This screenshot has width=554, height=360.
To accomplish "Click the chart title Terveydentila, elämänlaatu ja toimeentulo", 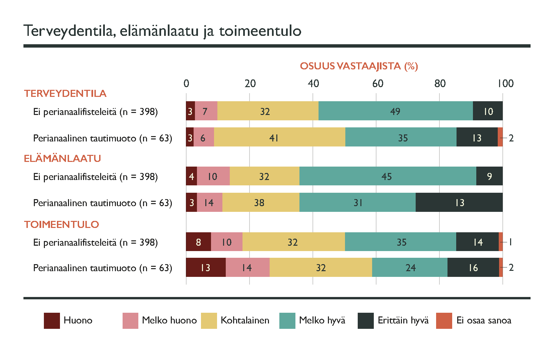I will point(162,31).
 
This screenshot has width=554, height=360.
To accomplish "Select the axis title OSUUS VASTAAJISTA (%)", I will point(358,66).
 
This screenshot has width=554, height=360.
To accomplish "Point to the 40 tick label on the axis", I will point(313,83).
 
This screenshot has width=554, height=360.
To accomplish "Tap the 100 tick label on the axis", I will point(505,83).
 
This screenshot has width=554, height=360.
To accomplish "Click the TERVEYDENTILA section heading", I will point(65,94).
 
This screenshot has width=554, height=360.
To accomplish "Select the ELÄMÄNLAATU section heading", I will point(62,159).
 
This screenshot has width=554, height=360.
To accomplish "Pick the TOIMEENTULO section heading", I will point(61,225).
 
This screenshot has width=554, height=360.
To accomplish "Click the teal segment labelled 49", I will point(395,111).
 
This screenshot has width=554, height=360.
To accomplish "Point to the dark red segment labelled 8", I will point(198,242).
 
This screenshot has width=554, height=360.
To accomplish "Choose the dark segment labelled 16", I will point(473,267).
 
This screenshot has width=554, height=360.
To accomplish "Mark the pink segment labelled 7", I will point(206,111).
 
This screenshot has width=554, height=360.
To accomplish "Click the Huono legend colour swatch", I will point(52,320).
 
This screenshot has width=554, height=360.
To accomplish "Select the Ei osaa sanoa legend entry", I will point(483,320).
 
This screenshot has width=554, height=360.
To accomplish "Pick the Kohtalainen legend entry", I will point(245,320).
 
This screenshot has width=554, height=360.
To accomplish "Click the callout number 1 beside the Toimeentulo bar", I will point(510,242).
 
